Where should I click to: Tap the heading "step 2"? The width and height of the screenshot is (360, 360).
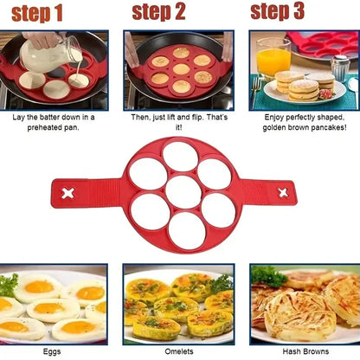point(158,12)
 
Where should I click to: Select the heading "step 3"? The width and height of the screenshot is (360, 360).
point(277,11)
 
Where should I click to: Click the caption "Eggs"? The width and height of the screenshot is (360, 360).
point(54,352)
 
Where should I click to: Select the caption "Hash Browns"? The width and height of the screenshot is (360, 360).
point(304,352)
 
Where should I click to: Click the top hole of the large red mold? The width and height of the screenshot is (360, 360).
point(179,156)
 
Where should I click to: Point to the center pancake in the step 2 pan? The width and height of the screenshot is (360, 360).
point(180,69)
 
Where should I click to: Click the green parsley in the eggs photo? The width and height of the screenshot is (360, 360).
point(8,284)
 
